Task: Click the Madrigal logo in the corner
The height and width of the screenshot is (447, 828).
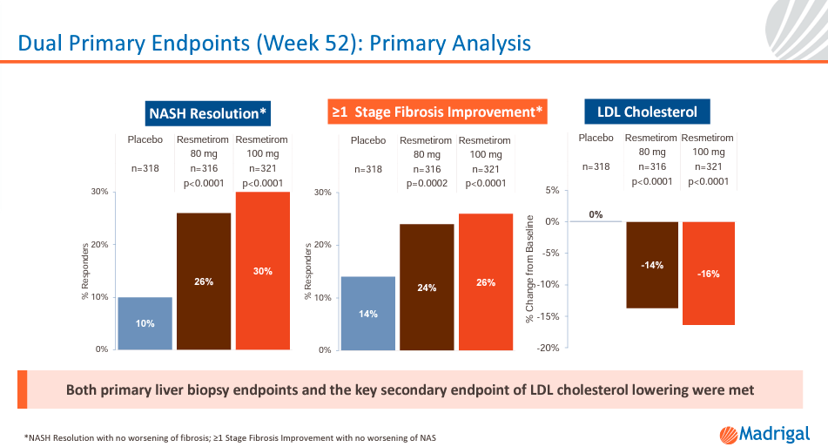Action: click(764, 433)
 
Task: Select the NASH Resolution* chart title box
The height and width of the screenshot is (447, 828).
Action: click(209, 113)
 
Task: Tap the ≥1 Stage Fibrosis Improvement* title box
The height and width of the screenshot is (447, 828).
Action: click(437, 112)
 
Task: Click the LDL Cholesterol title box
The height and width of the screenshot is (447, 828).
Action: click(647, 112)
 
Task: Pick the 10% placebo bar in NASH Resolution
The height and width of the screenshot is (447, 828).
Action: click(145, 323)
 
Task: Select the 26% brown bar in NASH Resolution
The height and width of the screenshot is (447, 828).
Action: click(204, 281)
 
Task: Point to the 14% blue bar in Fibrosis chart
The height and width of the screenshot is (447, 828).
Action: click(368, 313)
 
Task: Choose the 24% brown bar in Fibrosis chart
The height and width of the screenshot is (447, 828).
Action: click(427, 287)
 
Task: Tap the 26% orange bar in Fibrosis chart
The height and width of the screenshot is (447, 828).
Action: click(486, 281)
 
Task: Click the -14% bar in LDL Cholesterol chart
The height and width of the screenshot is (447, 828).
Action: click(652, 265)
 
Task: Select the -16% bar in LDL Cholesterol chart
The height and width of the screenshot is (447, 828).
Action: click(708, 273)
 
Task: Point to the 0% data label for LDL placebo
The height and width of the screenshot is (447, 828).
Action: click(596, 214)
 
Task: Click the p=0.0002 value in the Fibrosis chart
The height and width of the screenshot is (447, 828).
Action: click(426, 184)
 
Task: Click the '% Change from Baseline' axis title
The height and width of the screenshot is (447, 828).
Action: click(529, 270)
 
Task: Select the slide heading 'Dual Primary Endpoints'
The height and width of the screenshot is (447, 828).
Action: click(275, 42)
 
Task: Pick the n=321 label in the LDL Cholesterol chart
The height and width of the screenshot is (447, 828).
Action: click(708, 166)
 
